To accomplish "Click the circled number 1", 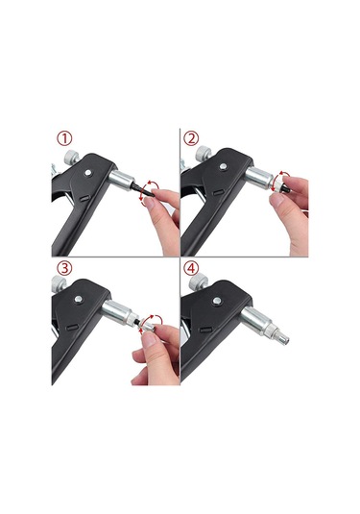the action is [x=64, y=138].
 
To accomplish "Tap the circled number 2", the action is [x=191, y=138].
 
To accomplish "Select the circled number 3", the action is [x=64, y=268].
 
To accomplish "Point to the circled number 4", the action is [x=191, y=268].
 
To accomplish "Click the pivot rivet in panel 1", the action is [x=87, y=172].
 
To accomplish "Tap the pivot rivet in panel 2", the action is [x=223, y=166].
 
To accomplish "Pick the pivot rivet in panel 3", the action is [x=79, y=299].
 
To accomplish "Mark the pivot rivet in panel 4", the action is [x=216, y=301].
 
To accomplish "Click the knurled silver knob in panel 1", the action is [x=71, y=157].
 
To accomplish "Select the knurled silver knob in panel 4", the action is [x=199, y=281].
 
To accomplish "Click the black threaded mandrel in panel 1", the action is [x=139, y=189].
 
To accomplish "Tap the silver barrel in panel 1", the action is [x=122, y=180].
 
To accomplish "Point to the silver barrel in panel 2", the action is [x=260, y=178].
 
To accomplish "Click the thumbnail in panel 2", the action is [x=277, y=199].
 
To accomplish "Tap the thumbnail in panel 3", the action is [x=151, y=339].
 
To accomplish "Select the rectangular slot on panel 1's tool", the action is [x=84, y=198].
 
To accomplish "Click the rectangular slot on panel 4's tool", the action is [x=206, y=330].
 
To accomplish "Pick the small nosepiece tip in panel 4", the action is [x=282, y=339].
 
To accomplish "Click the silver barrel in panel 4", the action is [x=256, y=320].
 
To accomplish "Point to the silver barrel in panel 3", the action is [x=116, y=311].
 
